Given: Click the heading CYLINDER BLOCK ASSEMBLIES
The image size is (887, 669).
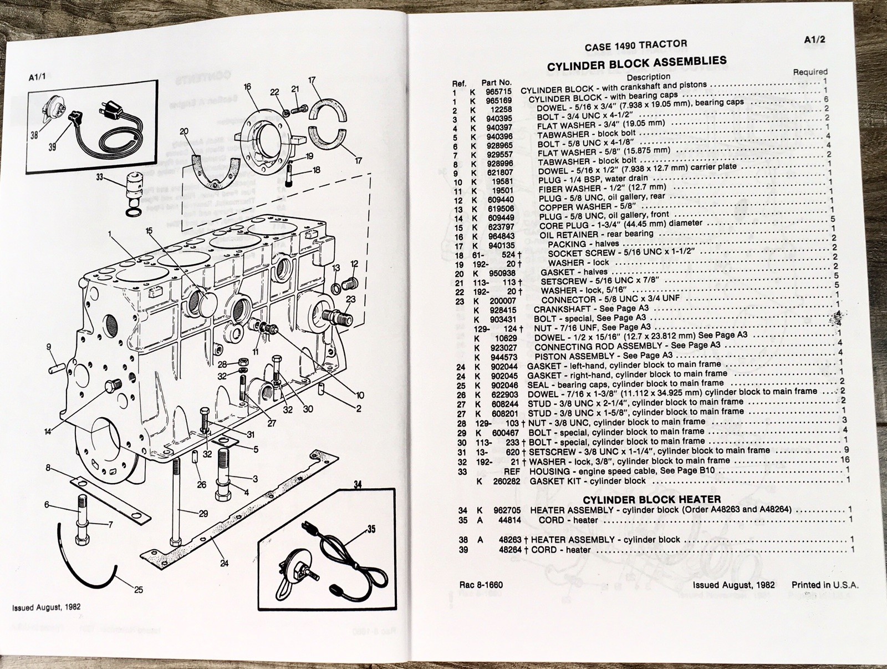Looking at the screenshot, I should pyautogui.click(x=636, y=63).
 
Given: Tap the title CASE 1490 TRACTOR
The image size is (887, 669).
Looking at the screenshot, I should pyautogui.click(x=636, y=45).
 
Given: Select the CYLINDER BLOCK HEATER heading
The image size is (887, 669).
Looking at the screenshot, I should pyautogui.click(x=651, y=499).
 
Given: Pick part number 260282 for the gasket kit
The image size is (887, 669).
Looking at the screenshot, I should pyautogui.click(x=506, y=482).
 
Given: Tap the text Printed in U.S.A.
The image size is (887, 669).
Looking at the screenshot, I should pyautogui.click(x=825, y=585).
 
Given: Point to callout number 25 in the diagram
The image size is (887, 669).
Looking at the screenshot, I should pyautogui.click(x=138, y=589).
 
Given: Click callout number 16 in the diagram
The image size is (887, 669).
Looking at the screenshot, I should pyautogui.click(x=247, y=87).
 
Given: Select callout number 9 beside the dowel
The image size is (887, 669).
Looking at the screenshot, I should pyautogui.click(x=49, y=348).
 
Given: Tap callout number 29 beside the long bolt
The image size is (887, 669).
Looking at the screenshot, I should pyautogui.click(x=203, y=514).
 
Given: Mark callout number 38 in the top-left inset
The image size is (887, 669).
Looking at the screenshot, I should pyautogui.click(x=34, y=135).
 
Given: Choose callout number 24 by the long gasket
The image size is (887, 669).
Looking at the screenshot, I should pyautogui.click(x=224, y=564).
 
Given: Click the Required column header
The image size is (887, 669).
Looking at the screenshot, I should pyautogui.click(x=810, y=72).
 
